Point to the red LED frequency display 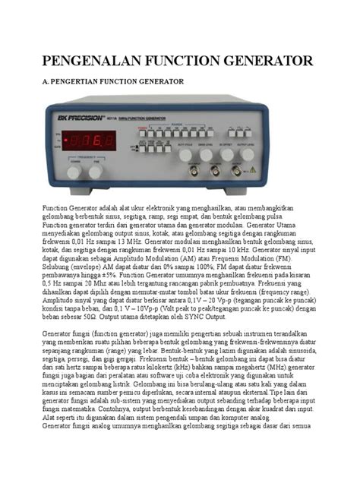tap(89, 140)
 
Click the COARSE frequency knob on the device tap(74, 172)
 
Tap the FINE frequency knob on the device tap(96, 172)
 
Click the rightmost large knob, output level tap(248, 154)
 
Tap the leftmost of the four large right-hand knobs tap(185, 154)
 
